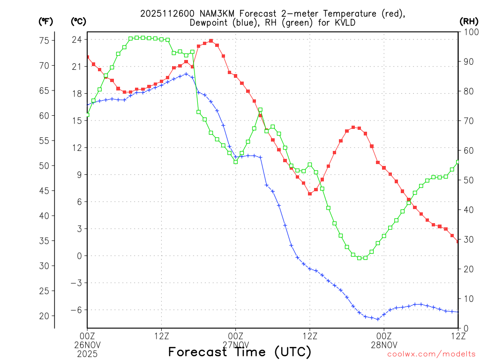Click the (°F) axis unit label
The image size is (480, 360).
(46, 21)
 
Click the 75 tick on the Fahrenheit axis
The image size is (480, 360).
(44, 40)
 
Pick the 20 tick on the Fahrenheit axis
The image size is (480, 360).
(44, 316)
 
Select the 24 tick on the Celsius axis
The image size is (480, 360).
(77, 39)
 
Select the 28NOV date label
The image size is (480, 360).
(384, 344)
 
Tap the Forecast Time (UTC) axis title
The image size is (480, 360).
(240, 352)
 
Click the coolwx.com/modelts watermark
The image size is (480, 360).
(431, 354)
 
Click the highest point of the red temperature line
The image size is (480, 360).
(211, 41)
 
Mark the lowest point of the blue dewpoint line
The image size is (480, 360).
(378, 319)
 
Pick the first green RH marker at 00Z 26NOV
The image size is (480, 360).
(88, 114)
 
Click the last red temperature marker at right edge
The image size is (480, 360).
(458, 241)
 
